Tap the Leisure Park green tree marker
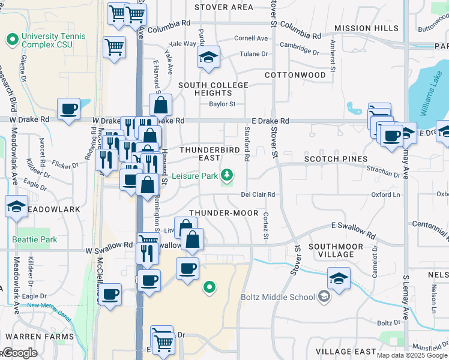(227, 175)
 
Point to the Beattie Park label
(35, 239)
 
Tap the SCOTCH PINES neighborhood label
(336, 159)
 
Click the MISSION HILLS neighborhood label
(367, 28)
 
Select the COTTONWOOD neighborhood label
(295, 75)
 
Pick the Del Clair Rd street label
(258, 194)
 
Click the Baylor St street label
(222, 104)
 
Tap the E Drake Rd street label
(270, 121)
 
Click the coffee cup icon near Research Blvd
(69, 109)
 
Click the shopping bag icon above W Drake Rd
(160, 105)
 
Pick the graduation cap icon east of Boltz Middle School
(339, 278)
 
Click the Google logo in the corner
(19, 353)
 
